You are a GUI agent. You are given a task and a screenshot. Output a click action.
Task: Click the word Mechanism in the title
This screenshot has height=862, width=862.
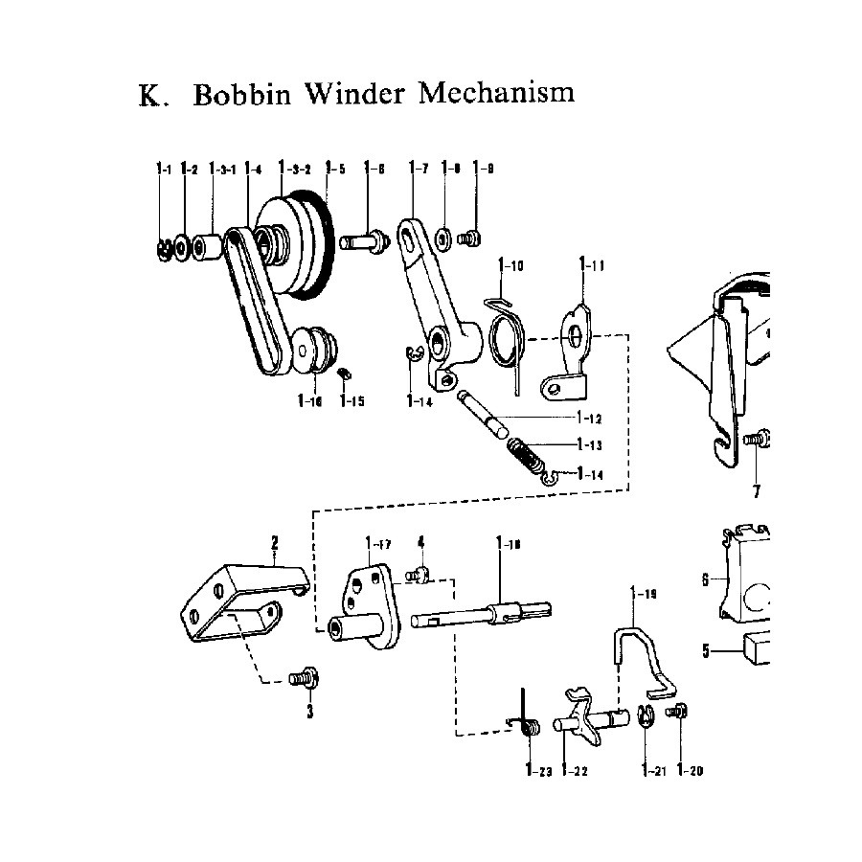(498, 94)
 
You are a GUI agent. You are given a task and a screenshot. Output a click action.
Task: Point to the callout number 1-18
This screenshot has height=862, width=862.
(509, 545)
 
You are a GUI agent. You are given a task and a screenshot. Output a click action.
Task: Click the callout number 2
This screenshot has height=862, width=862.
(274, 544)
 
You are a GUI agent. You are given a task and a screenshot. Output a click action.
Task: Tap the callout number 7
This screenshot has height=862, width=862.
(757, 491)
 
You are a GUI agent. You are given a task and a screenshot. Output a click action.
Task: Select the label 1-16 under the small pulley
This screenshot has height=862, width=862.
(309, 401)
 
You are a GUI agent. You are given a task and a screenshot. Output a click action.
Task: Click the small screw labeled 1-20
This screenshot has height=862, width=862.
(682, 712)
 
